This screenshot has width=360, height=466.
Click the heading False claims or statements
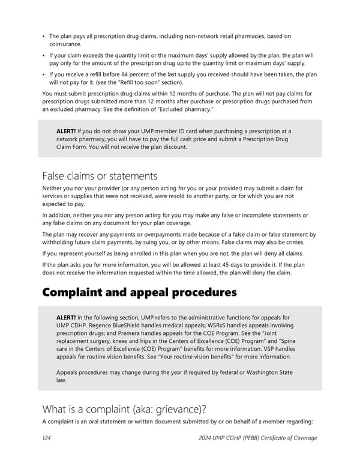[x=100, y=176]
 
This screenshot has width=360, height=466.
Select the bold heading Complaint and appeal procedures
[x=139, y=292]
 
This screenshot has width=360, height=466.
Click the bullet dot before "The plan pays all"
[x=44, y=37]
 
